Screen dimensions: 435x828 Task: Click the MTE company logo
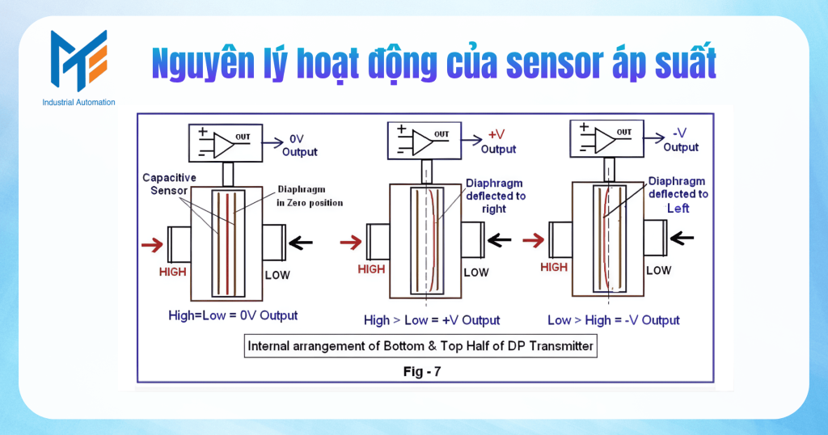(x=78, y=61)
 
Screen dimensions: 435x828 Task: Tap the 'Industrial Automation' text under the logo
(x=78, y=103)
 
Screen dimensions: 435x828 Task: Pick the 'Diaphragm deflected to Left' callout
(x=678, y=194)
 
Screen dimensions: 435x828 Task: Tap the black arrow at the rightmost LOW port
(x=682, y=238)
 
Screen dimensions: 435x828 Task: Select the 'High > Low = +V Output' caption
(x=432, y=320)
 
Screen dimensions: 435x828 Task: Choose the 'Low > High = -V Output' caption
(x=614, y=320)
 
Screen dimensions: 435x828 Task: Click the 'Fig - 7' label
(x=419, y=372)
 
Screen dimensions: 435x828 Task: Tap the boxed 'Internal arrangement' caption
(x=420, y=346)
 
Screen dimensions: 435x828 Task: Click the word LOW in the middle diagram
(x=476, y=272)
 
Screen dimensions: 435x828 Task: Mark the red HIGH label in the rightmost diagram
(x=554, y=268)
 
